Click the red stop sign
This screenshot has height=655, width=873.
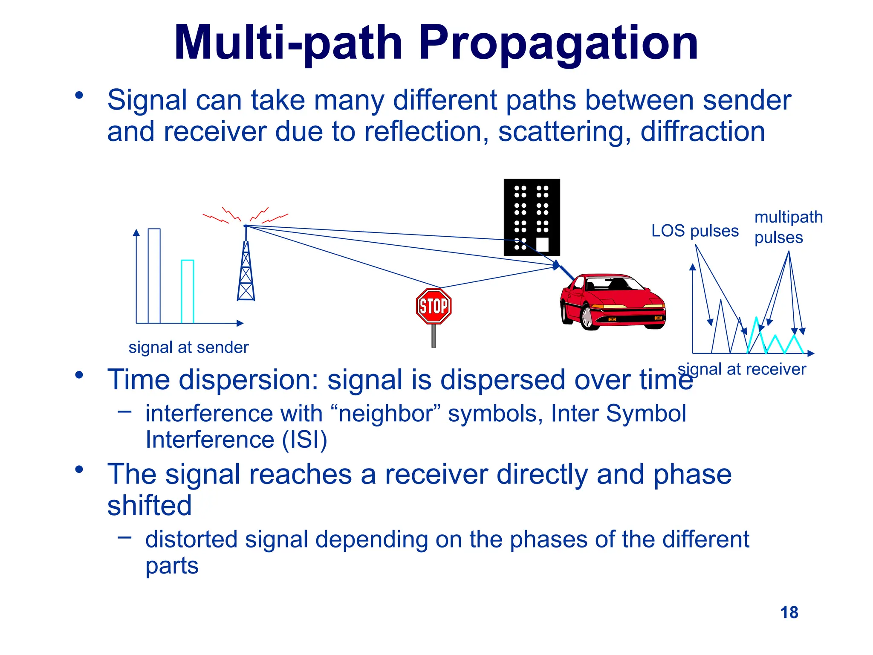coord(434,306)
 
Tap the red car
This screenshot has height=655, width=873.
coord(613,303)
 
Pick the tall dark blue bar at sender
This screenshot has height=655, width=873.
coord(154,275)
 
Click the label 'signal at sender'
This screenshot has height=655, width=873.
coord(188,347)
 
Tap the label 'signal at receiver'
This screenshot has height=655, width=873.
coord(742,369)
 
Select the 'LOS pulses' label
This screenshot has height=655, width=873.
coord(695,231)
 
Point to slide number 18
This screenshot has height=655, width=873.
coord(789,612)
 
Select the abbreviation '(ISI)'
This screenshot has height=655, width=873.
coord(304,439)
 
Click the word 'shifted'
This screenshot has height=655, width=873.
coord(150,505)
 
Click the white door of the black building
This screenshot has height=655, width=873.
coord(542,244)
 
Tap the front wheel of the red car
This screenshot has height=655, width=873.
coord(588,318)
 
